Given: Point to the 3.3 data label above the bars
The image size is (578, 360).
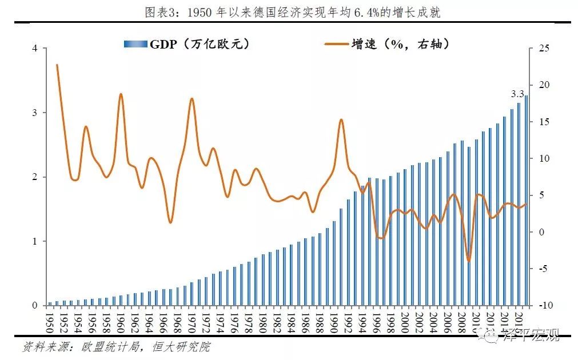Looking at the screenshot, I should click(517, 94).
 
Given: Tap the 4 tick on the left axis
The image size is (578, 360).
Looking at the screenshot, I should click(35, 49).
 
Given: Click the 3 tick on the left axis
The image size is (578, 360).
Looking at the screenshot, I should click(35, 113).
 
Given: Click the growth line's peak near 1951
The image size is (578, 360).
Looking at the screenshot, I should click(57, 65).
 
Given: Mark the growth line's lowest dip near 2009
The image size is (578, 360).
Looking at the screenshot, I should click(469, 261).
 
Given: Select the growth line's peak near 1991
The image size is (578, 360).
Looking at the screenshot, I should click(341, 119).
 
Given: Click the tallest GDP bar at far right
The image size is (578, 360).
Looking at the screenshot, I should click(526, 200).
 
